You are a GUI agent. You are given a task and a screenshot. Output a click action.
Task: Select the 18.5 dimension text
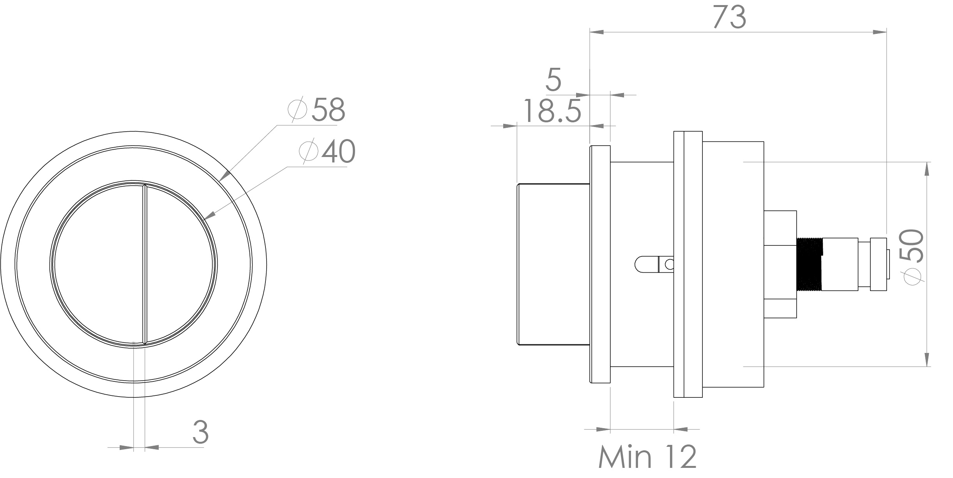(552, 111)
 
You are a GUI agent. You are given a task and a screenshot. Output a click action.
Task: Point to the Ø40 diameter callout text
(327, 152)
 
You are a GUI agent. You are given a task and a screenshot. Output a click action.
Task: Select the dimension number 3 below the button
(201, 432)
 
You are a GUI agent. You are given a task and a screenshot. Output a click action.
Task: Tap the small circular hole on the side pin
(669, 265)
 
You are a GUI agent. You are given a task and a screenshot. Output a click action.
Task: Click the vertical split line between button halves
(145, 265)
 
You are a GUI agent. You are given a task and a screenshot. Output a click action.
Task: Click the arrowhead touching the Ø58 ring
(225, 176)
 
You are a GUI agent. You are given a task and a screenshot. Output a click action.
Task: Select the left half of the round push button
(97, 265)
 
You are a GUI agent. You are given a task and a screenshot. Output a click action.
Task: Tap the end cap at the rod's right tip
(879, 265)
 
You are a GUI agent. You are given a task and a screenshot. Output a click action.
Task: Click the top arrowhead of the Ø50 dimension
(926, 169)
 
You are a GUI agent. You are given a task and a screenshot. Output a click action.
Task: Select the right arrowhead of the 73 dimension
(879, 32)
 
